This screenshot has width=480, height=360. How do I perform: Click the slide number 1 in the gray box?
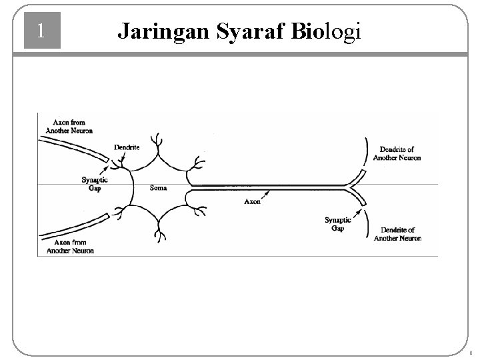42,31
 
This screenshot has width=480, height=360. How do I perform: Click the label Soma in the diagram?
159,188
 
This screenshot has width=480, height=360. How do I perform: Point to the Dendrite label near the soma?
127,147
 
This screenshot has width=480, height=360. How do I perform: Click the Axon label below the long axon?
253,201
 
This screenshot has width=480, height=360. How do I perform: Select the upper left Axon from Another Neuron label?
73,126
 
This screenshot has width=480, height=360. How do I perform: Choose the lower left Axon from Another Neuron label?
73,247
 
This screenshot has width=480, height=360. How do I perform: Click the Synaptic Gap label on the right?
338,224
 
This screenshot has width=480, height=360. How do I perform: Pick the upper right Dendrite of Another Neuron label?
397,154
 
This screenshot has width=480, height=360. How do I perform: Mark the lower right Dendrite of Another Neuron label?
397,234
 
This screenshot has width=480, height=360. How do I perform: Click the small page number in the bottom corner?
471,353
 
